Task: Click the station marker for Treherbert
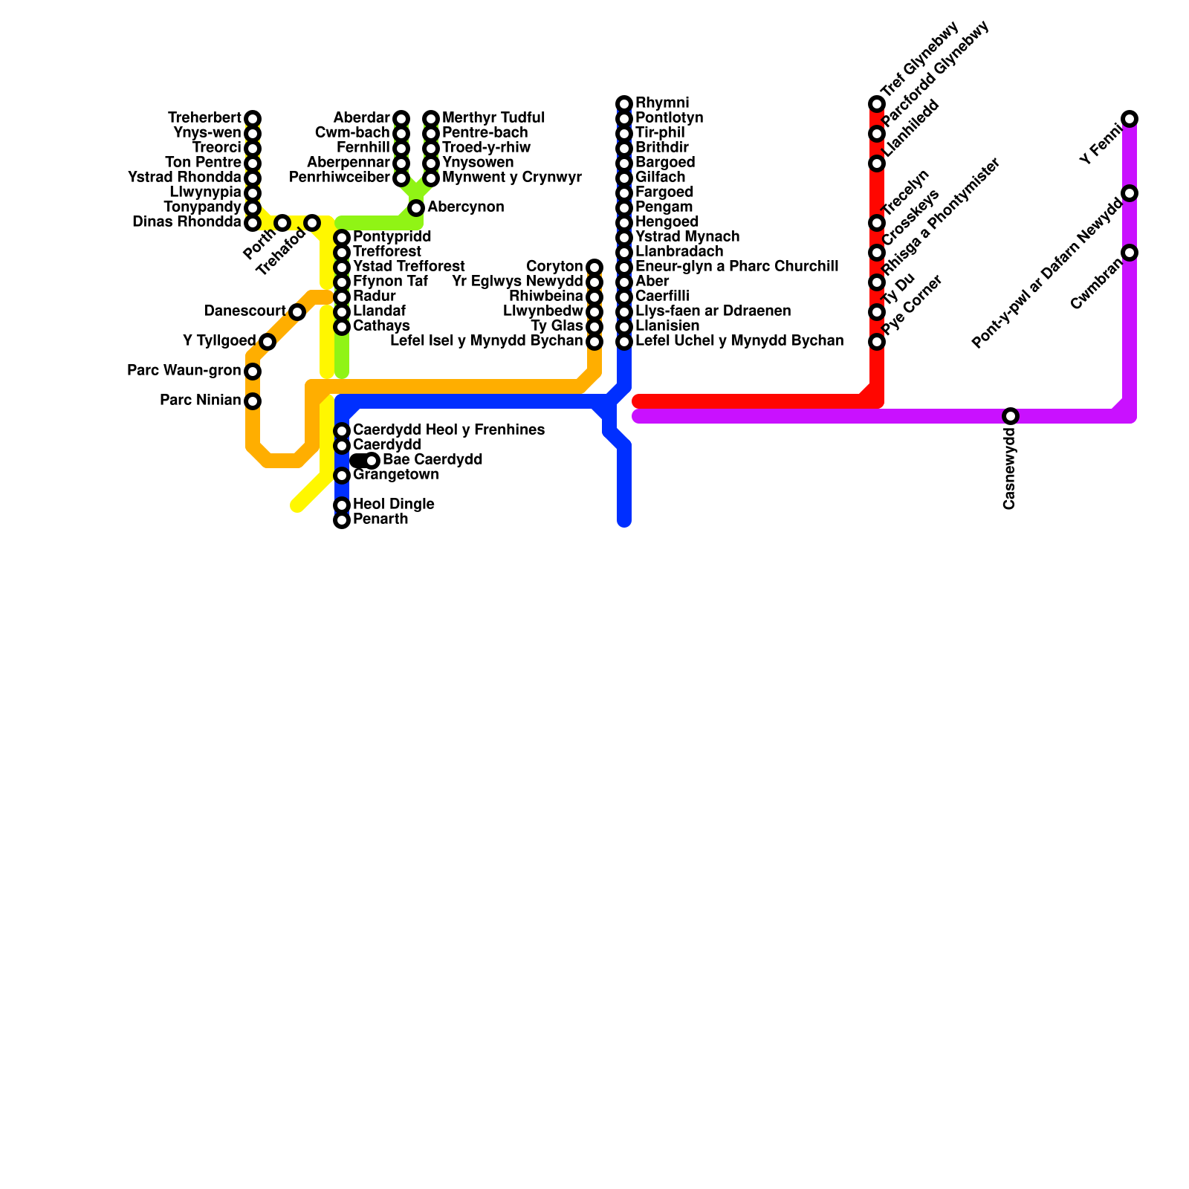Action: (x=253, y=119)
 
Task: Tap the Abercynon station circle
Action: (x=416, y=208)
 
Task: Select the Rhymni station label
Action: (x=662, y=103)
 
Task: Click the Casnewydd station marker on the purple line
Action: (x=1011, y=416)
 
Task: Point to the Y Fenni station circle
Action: (x=1130, y=119)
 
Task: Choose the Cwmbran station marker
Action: (x=1130, y=253)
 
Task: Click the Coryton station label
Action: (x=554, y=267)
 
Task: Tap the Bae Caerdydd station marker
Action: (x=372, y=461)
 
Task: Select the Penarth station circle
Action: (x=342, y=520)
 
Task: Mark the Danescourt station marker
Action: (x=297, y=312)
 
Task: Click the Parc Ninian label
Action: (x=200, y=401)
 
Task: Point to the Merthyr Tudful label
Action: (x=493, y=118)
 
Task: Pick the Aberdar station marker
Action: (x=401, y=119)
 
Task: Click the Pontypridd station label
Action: (x=392, y=237)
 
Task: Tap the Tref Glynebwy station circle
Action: (x=877, y=104)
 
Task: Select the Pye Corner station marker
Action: (x=877, y=342)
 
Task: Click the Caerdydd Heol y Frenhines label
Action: (x=448, y=430)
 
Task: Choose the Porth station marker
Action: (x=282, y=223)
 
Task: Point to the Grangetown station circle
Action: (x=342, y=476)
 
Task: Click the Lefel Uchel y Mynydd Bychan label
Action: (x=739, y=341)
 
